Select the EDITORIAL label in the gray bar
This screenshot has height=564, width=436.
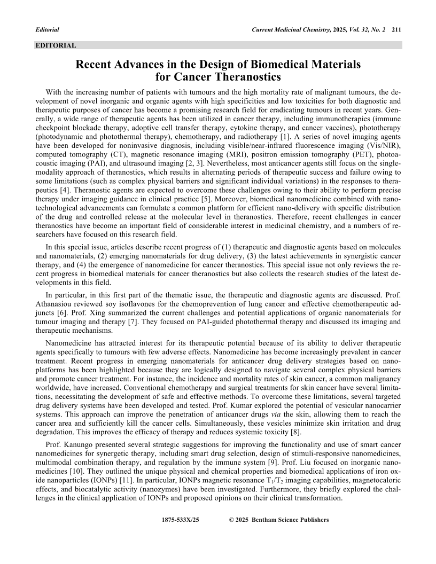pos(56,45)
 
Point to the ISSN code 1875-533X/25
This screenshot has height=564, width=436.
pos(180,520)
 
